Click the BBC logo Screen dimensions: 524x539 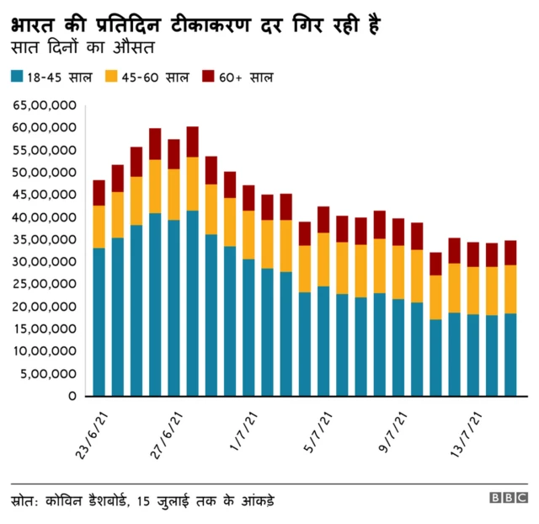pyautogui.click(x=509, y=498)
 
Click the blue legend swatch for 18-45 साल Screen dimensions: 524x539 pyautogui.click(x=17, y=77)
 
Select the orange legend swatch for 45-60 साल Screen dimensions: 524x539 pyautogui.click(x=112, y=77)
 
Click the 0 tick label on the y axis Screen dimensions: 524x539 pyautogui.click(x=74, y=396)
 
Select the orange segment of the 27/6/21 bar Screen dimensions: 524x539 pyautogui.click(x=173, y=194)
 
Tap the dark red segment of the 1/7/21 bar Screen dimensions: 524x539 pyautogui.click(x=248, y=197)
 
